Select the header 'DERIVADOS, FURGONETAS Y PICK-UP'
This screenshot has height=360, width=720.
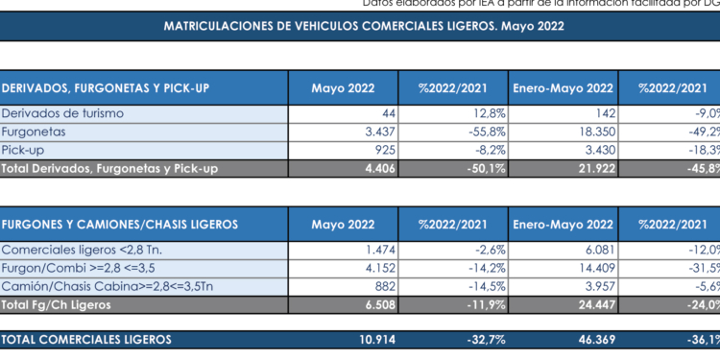(x=106, y=88)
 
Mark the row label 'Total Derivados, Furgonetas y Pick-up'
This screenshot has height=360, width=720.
(x=110, y=168)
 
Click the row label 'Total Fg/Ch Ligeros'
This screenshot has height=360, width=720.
(x=59, y=303)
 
